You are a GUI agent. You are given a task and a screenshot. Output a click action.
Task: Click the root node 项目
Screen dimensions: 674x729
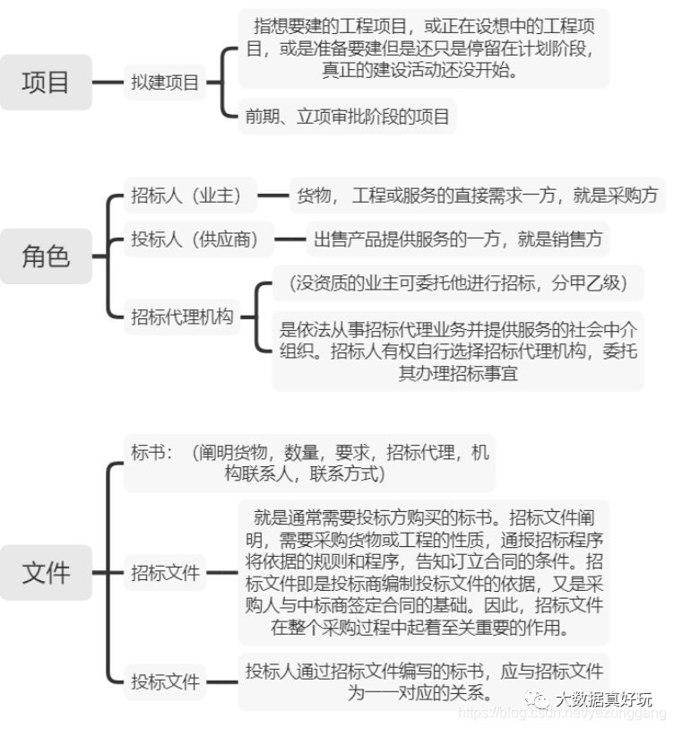(46, 82)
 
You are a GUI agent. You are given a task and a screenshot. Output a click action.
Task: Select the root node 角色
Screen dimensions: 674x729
(46, 256)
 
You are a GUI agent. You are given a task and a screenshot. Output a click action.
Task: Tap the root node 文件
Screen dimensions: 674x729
(46, 572)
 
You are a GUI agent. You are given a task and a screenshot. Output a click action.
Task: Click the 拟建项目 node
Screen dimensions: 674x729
(164, 83)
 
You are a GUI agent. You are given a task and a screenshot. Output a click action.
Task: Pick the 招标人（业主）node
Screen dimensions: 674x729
(186, 195)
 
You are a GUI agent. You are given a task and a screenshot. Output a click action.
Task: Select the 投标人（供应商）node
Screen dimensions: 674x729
(195, 239)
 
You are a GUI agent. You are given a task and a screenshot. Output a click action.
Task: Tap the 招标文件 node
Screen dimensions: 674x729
(165, 572)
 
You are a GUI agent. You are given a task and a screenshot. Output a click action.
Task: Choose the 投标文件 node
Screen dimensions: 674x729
(165, 681)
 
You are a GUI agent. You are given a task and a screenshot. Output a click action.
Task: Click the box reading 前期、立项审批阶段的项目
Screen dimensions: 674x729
(348, 117)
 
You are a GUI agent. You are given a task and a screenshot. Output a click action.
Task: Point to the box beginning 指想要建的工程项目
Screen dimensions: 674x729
(423, 47)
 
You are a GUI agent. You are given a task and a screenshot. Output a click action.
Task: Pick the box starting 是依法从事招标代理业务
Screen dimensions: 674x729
(458, 351)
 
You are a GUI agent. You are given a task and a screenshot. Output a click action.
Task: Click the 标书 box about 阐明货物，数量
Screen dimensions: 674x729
(308, 463)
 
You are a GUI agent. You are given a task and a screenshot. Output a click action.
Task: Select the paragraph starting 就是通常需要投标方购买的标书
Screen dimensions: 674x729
(423, 572)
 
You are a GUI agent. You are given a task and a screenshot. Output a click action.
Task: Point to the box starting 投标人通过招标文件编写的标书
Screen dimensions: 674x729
(423, 681)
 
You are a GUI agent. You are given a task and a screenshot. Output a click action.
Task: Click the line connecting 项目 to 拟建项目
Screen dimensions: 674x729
(108, 83)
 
